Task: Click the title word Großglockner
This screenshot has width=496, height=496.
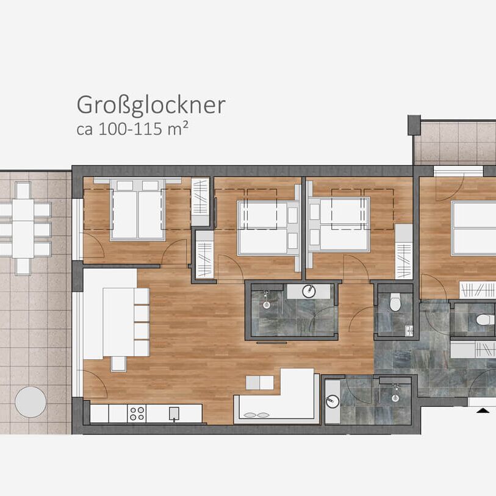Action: (151, 106)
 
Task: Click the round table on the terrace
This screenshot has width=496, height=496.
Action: (31, 401)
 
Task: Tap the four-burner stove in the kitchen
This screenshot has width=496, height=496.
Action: (137, 414)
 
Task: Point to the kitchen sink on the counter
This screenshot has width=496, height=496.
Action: (174, 414)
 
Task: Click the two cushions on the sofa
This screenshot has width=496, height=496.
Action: (255, 415)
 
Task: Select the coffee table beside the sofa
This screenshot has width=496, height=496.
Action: (259, 383)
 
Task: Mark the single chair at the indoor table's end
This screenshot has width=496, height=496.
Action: (118, 364)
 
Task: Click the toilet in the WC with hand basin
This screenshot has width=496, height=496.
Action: (395, 301)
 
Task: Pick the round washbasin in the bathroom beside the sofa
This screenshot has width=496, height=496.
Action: (332, 401)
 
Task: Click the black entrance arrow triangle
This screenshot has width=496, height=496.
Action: (483, 410)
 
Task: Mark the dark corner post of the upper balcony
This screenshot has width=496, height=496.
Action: (414, 124)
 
